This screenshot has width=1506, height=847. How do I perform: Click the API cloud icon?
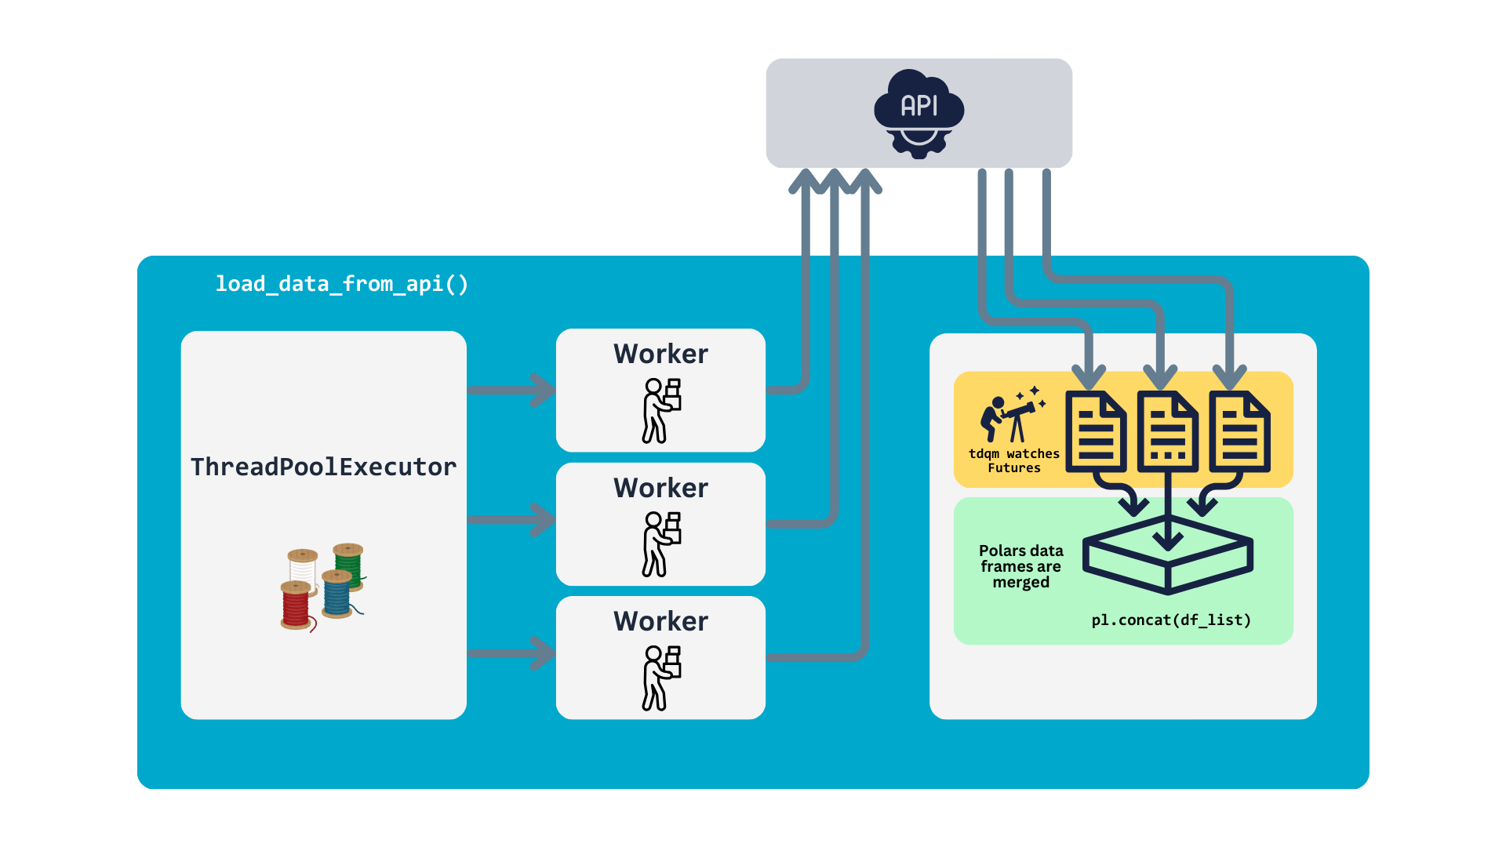[x=919, y=113]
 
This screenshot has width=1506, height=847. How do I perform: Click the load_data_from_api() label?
[x=342, y=284]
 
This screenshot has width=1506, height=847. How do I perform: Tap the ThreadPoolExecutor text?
[x=323, y=467]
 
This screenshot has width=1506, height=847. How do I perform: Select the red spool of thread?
[x=297, y=606]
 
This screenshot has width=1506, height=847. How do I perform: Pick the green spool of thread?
[x=349, y=565]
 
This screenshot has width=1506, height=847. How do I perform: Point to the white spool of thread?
[x=303, y=569]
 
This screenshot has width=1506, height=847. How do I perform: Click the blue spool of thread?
[x=339, y=594]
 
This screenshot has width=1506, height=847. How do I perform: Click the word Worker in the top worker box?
[x=660, y=354]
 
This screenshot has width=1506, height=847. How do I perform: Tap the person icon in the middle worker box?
[x=661, y=544]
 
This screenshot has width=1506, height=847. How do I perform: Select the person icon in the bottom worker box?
[x=661, y=678]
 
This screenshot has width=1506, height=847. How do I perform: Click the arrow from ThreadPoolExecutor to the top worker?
[x=511, y=391]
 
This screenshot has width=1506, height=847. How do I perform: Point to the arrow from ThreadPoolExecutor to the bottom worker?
[x=511, y=653]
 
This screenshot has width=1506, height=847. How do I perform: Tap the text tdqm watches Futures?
[x=1013, y=460]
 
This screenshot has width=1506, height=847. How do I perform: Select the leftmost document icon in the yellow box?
[x=1096, y=432]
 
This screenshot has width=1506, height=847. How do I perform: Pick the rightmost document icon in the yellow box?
[x=1239, y=432]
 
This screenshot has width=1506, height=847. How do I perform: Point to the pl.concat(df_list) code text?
[x=1171, y=620]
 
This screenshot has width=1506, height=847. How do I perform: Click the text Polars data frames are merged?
[x=1020, y=566]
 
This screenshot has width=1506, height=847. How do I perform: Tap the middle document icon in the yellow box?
[x=1168, y=432]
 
